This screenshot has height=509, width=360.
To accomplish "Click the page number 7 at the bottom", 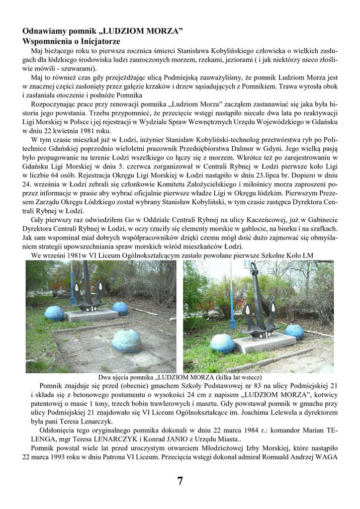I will click(x=180, y=481).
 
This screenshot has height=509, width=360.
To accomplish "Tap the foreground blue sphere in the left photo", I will click(x=126, y=340).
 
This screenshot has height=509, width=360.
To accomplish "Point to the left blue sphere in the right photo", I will click(x=222, y=343).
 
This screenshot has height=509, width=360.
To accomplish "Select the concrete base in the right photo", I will click(x=264, y=342).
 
